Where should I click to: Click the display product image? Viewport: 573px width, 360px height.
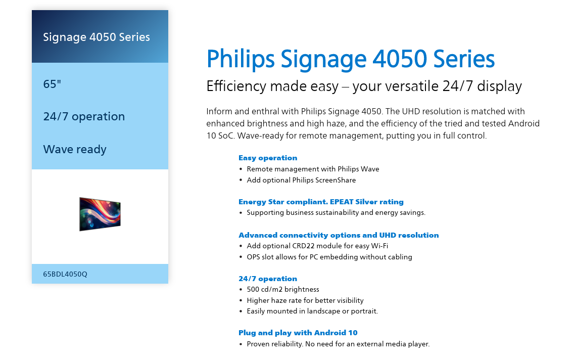[100, 214]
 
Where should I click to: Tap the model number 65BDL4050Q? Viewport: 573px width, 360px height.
[65, 274]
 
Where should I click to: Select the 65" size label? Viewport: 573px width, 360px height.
[52, 84]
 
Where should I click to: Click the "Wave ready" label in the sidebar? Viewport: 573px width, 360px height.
[75, 149]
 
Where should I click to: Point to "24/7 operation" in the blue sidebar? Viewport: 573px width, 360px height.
[84, 116]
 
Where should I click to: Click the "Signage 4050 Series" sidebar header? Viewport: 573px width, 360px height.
[97, 37]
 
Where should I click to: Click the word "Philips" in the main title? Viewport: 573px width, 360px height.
[241, 59]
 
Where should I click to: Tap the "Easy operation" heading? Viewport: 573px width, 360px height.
[268, 158]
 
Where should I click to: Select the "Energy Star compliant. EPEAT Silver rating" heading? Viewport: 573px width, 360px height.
[321, 202]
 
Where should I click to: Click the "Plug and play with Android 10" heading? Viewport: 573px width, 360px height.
[298, 333]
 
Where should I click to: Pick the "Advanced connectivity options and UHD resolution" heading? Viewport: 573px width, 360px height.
[339, 235]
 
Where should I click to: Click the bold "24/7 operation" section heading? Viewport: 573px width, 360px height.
[268, 279]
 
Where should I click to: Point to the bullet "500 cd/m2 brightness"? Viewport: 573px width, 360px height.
[283, 289]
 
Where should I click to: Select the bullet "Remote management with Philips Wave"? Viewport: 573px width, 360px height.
[313, 169]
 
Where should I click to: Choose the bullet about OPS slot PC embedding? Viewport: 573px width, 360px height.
[329, 257]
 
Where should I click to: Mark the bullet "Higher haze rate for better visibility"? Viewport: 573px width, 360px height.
[305, 300]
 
